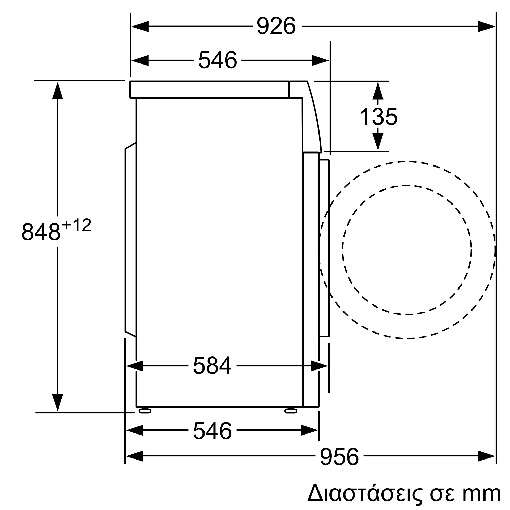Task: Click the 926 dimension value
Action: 276,26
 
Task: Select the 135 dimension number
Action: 378,117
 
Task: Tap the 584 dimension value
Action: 212,366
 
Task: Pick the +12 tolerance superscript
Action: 76,225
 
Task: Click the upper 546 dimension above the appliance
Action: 218,60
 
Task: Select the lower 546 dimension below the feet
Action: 212,431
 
